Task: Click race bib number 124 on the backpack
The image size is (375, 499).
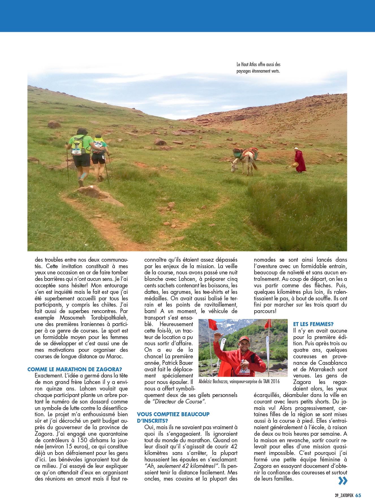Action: coord(76,152)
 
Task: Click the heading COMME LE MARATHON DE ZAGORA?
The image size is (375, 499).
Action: coord(75,369)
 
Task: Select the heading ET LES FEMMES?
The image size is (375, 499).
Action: coord(313,324)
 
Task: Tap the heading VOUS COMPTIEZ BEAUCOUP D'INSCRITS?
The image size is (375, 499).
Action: coord(173,417)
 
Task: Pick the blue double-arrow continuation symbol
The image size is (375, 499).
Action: coord(342,481)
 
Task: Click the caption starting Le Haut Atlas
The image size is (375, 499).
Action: coord(258,68)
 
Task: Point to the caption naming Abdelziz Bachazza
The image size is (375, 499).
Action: coord(239,381)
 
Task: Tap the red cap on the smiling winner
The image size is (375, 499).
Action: coord(244,339)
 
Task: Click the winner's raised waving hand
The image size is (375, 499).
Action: coord(217,336)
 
